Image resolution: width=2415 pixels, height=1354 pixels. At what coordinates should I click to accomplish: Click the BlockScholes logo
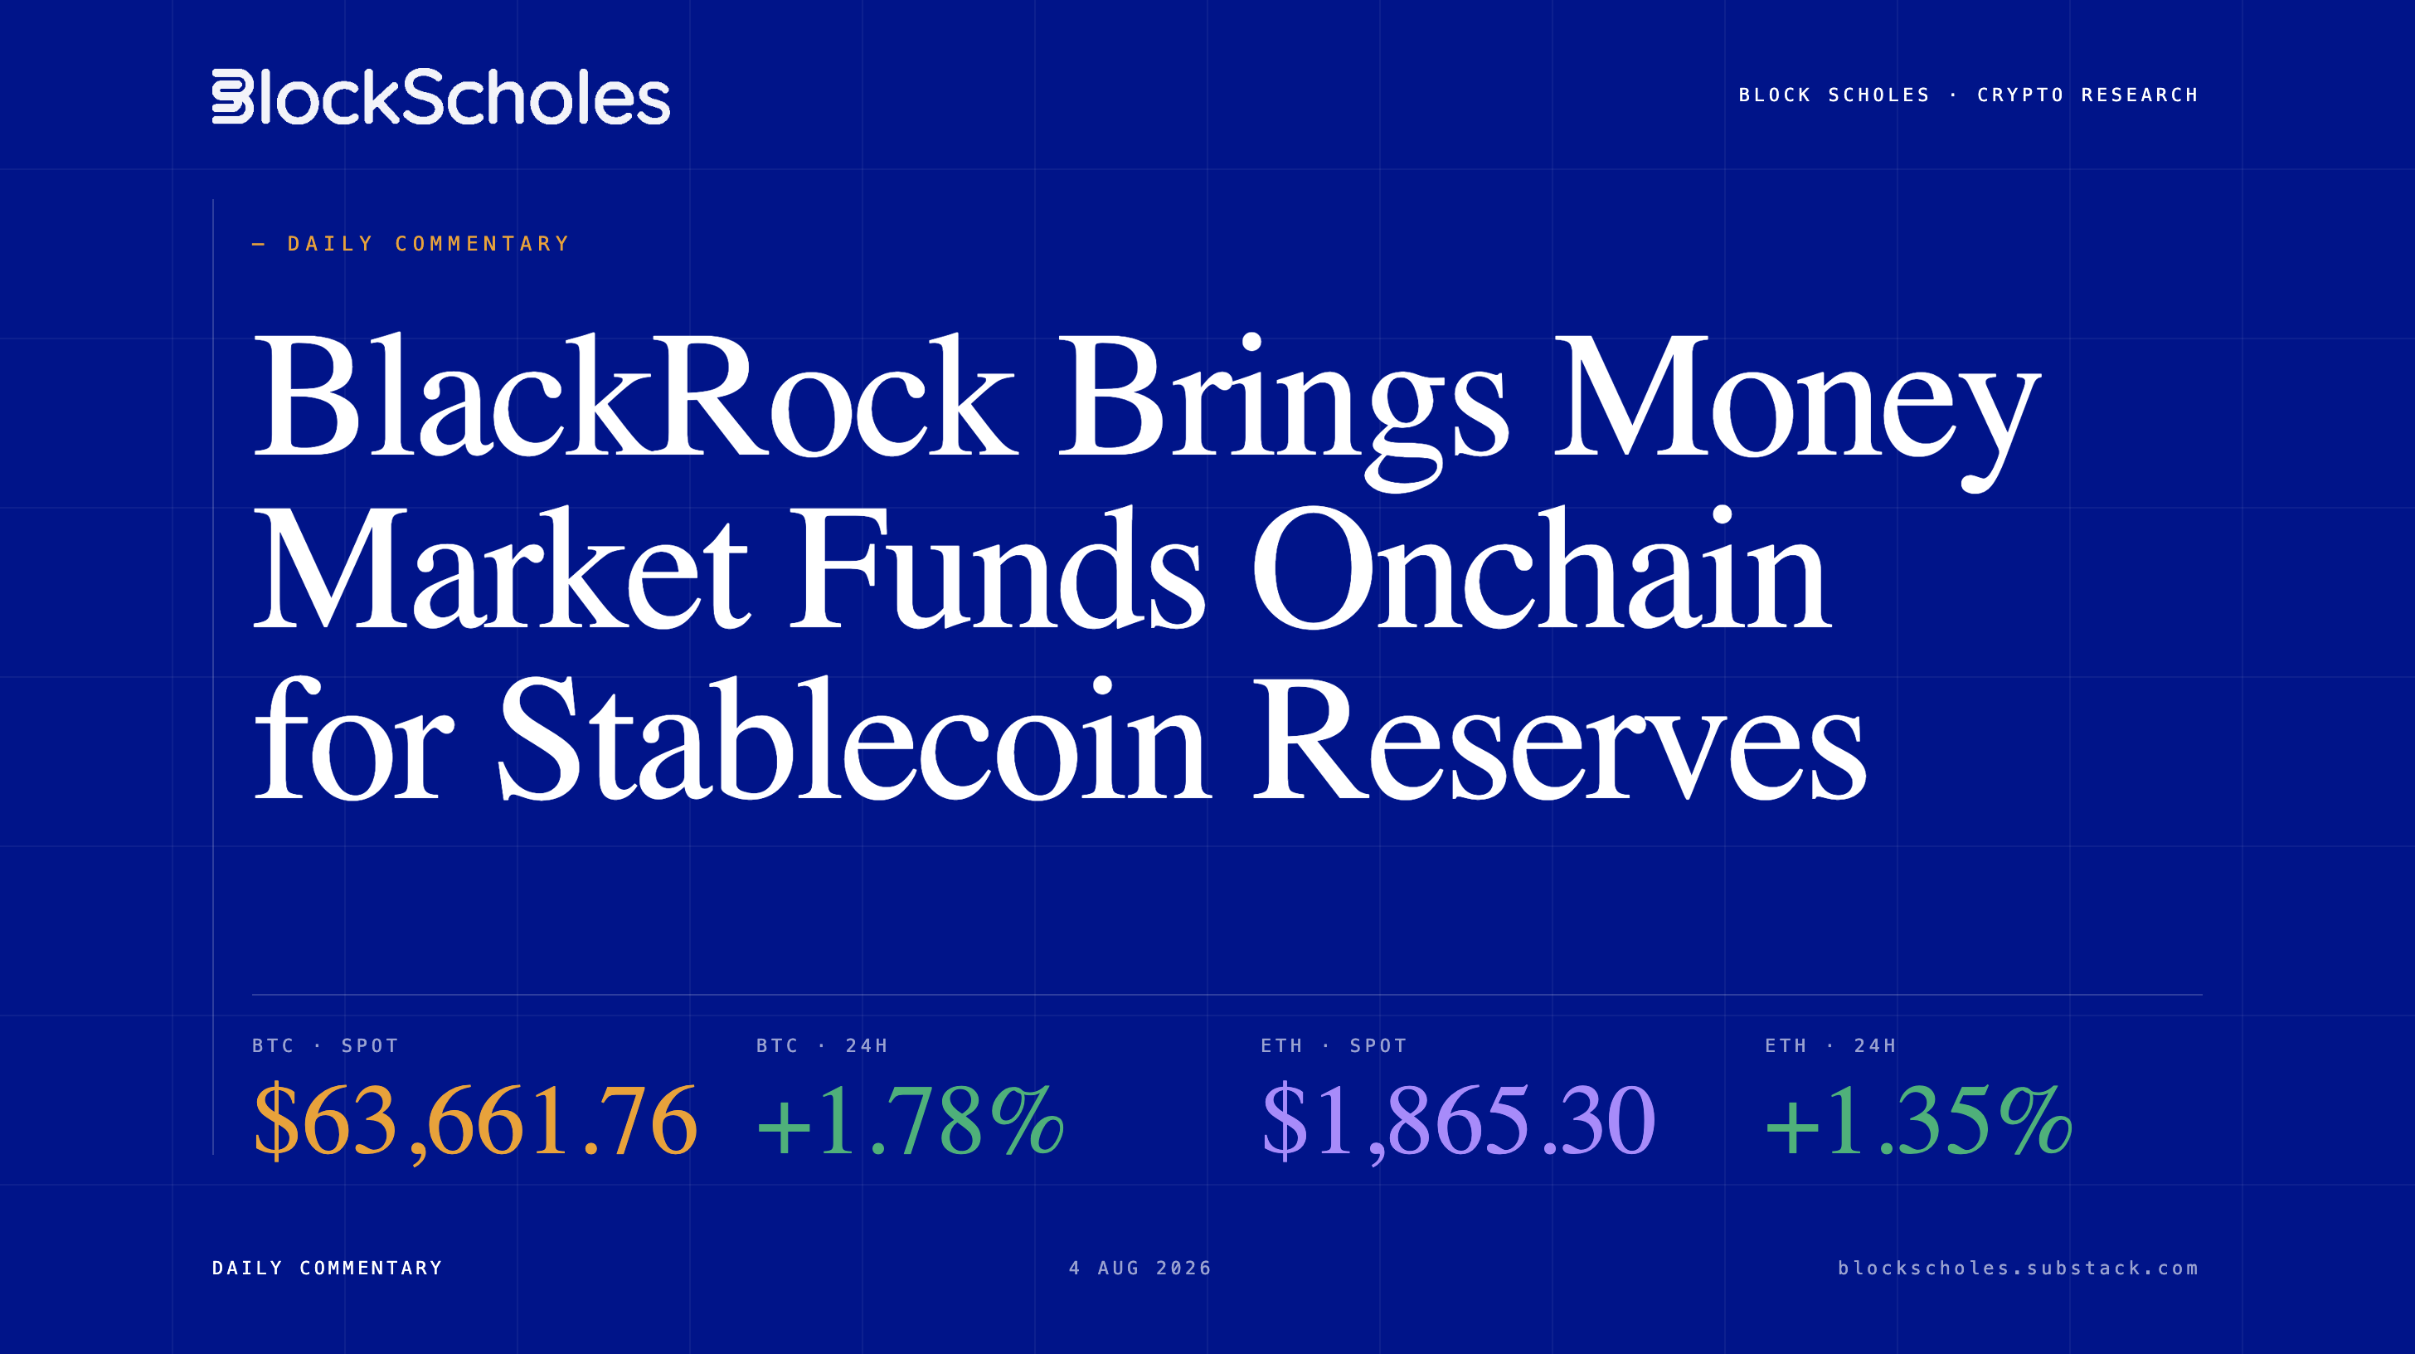coord(440,96)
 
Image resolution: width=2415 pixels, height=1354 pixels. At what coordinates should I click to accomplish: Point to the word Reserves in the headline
coord(1560,741)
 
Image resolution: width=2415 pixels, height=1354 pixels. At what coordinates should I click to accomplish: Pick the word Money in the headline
coord(1796,412)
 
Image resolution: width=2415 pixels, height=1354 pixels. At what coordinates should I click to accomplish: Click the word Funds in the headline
coord(997,567)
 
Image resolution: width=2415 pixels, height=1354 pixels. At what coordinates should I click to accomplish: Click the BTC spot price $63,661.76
coord(475,1121)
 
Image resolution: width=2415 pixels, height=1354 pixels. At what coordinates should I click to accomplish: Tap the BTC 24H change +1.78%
coord(911,1121)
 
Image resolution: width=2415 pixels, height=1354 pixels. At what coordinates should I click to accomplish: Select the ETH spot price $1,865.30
coord(1458,1121)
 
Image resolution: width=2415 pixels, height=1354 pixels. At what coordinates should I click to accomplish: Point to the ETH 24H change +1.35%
coord(1918,1121)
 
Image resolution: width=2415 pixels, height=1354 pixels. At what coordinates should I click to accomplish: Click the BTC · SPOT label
coord(325,1045)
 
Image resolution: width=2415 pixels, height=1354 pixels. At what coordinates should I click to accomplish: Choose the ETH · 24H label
coord(1830,1045)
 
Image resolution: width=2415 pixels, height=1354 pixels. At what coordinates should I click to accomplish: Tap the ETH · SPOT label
coord(1333,1045)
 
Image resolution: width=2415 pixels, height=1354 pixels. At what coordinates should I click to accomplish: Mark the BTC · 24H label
coord(822,1045)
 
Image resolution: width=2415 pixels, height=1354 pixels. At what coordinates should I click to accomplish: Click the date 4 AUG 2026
coord(1140,1268)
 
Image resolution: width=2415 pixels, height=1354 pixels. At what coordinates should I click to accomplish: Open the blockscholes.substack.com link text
coord(2018,1268)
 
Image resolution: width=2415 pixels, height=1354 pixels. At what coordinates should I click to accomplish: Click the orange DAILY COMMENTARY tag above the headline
coord(429,244)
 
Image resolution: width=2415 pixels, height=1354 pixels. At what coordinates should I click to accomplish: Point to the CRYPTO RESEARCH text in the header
coord(2087,95)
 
